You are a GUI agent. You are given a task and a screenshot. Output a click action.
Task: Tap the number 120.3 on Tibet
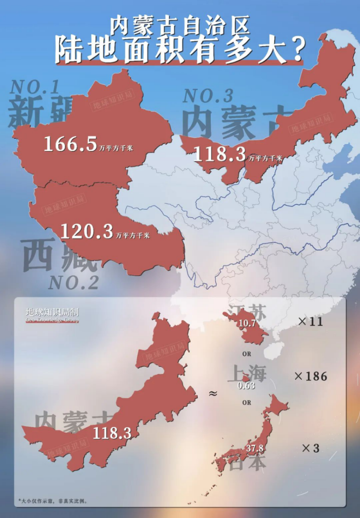point(86,232)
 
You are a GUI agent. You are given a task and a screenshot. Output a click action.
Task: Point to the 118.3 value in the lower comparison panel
point(112,433)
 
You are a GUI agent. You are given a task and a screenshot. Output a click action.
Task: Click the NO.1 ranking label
point(35,87)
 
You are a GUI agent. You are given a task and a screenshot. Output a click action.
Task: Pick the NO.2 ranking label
point(73,283)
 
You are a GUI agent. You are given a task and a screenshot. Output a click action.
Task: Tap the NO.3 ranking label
point(208,95)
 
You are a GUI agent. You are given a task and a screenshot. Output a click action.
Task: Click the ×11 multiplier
point(311,322)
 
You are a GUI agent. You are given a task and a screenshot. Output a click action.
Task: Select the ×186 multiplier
point(311,376)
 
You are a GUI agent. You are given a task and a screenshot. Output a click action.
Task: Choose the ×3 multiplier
point(311,448)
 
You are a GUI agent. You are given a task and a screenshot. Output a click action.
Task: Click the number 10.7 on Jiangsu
point(247,324)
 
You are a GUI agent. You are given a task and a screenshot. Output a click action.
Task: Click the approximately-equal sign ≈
point(213,393)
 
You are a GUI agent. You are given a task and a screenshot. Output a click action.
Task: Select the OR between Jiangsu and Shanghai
point(247,354)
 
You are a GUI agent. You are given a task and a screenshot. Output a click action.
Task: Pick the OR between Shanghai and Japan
point(247,403)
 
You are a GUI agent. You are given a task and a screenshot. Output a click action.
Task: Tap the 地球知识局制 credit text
point(52,312)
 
